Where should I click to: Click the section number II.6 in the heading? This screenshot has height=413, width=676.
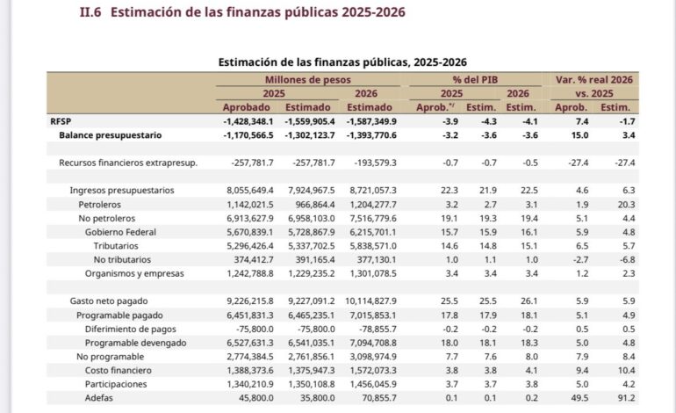90,12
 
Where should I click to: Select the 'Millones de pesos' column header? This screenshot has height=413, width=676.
308,80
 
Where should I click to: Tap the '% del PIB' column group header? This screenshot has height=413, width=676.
475,80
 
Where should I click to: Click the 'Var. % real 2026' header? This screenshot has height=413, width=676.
594,80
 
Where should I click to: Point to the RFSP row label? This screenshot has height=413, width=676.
61,121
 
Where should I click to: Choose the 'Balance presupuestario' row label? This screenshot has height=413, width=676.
111,135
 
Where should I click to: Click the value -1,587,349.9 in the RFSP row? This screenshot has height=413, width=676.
371,121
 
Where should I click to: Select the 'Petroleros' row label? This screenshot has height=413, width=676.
99,205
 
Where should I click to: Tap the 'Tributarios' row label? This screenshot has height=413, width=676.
116,246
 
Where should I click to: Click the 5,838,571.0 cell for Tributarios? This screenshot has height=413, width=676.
373,246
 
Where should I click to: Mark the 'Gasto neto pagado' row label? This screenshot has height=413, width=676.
109,301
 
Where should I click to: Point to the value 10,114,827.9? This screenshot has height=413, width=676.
370,301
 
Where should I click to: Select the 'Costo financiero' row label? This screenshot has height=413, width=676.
119,370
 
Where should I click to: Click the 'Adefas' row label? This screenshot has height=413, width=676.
98,398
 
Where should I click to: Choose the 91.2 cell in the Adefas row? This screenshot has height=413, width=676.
627,398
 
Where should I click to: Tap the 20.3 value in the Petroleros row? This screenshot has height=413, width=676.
627,205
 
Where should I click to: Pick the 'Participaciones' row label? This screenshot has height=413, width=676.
116,384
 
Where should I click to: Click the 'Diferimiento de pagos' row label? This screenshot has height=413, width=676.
130,329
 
